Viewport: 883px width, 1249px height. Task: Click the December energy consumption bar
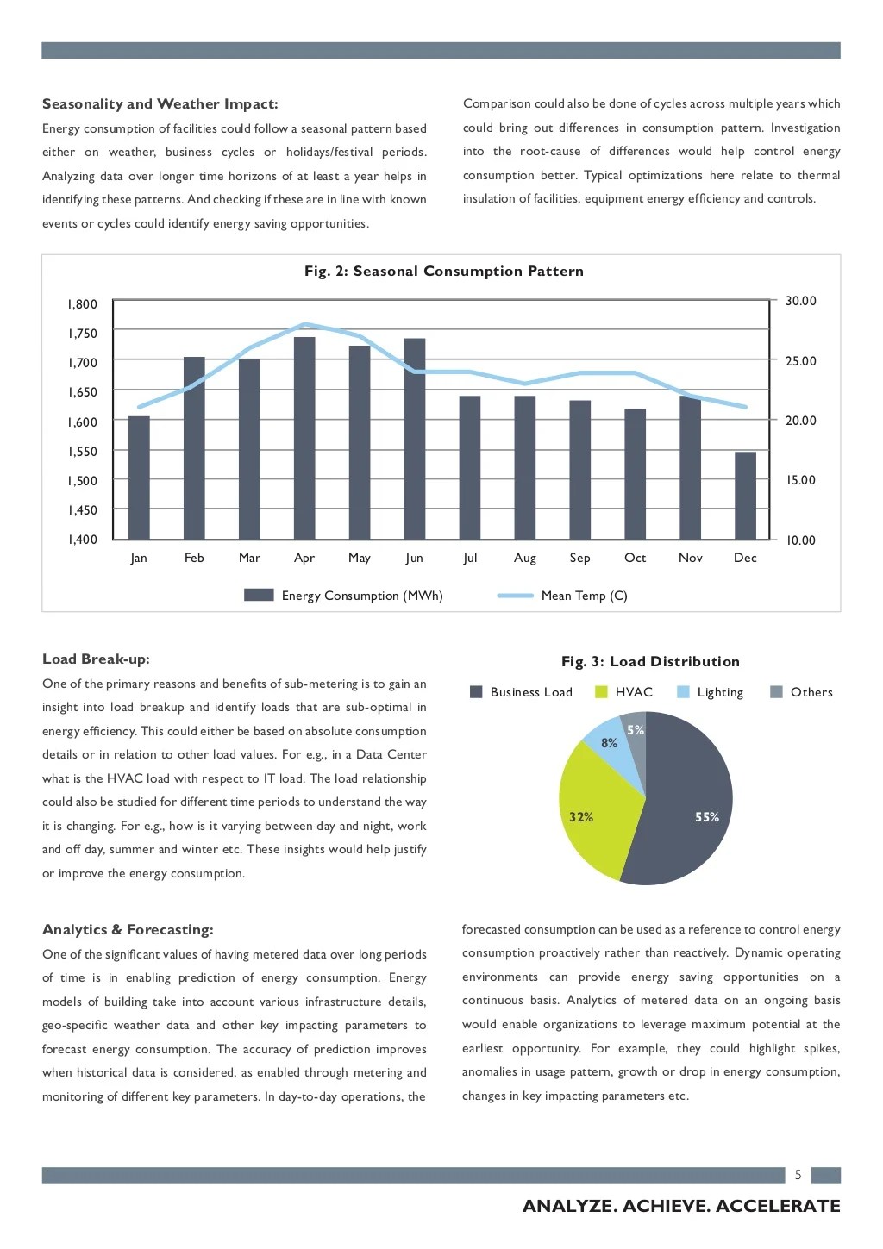point(745,496)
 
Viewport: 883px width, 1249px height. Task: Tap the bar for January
point(139,478)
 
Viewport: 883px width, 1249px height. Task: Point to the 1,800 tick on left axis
point(83,304)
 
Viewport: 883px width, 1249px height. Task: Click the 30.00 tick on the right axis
point(800,301)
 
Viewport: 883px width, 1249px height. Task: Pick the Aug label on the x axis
point(524,558)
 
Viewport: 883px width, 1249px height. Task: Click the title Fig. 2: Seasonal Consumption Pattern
point(443,272)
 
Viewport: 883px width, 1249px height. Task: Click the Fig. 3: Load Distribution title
point(650,662)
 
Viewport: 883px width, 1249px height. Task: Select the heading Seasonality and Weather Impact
point(160,104)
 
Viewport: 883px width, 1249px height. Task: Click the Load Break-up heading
point(96,659)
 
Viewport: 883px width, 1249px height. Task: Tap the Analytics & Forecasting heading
point(128,930)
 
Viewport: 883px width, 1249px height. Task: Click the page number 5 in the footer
point(798,1175)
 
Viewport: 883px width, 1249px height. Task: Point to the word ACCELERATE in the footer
point(778,1206)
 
